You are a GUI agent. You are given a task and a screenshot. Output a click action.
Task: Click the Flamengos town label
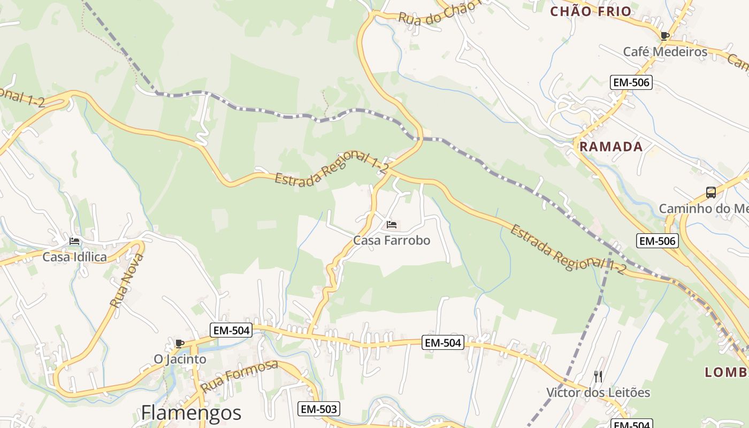tap(191, 413)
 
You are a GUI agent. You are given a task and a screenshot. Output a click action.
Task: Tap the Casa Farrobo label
tap(392, 241)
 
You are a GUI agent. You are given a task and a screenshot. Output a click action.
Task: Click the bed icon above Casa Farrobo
tap(392, 225)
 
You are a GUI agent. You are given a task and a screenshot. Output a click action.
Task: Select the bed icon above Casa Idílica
tap(74, 241)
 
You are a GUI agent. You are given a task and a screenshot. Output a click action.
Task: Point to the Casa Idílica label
tap(74, 257)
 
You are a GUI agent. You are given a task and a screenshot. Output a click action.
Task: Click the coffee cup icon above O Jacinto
tap(180, 343)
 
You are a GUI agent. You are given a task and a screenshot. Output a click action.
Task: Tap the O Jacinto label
tap(180, 359)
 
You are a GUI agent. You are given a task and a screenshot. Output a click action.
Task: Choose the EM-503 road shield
tap(319, 409)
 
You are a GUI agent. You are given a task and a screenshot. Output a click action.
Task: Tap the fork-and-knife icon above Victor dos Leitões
tap(598, 377)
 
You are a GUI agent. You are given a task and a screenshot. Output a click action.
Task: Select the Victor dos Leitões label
tap(598, 393)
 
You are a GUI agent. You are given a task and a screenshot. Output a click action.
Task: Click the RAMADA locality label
tap(611, 147)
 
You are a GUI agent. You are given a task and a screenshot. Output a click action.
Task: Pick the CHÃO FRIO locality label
tap(591, 11)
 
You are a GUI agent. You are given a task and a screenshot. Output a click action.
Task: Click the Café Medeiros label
tap(665, 52)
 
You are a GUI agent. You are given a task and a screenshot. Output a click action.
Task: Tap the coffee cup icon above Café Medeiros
tap(665, 36)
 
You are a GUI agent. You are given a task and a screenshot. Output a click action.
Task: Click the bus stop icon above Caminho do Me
tap(711, 193)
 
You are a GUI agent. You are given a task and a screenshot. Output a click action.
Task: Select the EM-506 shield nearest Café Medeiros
tap(631, 82)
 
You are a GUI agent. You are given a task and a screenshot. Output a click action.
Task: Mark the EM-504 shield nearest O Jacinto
tap(231, 330)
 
